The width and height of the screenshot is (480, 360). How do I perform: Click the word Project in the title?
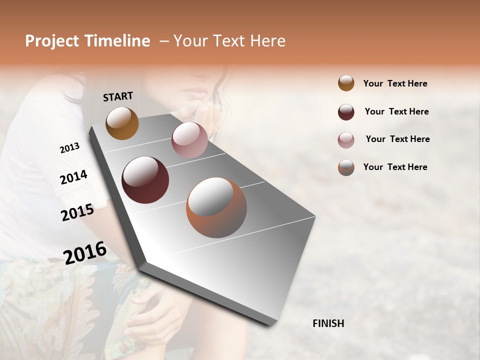52,41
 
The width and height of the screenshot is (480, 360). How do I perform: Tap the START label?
118,96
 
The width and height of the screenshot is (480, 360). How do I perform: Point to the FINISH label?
328,323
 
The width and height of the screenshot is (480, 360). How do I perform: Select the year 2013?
69,148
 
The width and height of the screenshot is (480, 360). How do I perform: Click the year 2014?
73,177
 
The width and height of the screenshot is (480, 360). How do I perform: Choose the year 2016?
85,252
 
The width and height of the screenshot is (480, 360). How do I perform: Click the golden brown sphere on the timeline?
122,123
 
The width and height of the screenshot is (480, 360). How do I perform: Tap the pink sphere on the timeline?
189,140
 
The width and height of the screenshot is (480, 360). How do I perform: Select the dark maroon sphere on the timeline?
145,180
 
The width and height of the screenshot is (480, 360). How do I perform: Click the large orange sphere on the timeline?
216,207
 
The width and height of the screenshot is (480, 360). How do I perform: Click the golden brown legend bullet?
346,83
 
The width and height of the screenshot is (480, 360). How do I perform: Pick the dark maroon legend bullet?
346,112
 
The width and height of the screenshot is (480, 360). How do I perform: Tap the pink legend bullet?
346,140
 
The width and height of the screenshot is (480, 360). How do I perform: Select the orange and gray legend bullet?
346,167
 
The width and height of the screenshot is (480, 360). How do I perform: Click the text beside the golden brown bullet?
395,83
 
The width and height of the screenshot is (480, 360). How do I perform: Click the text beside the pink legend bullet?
397,139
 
